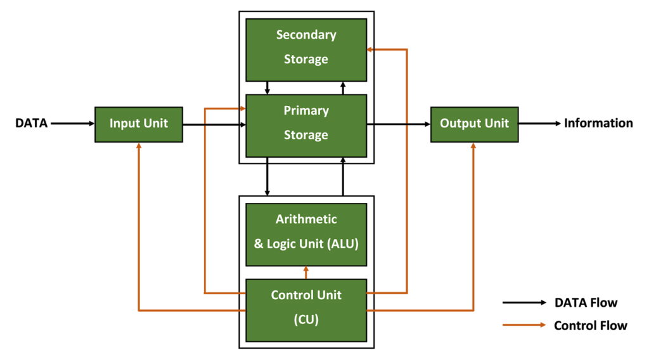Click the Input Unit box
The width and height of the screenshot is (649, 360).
click(x=139, y=125)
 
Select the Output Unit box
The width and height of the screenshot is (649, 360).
click(x=474, y=125)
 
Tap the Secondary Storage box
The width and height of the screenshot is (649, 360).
click(x=306, y=49)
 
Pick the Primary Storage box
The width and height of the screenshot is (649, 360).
click(x=306, y=125)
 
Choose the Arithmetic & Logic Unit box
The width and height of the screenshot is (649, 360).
click(x=306, y=235)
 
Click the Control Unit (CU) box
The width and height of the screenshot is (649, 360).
click(x=306, y=311)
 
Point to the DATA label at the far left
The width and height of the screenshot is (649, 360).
click(x=32, y=124)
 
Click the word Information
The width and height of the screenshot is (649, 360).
click(x=598, y=124)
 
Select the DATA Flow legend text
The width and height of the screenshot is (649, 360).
click(x=586, y=303)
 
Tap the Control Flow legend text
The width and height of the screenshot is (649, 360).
click(x=591, y=326)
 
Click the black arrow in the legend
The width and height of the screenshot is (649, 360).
click(x=524, y=302)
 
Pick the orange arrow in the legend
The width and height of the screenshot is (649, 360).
click(x=524, y=325)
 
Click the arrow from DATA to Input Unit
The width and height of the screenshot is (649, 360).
click(x=73, y=124)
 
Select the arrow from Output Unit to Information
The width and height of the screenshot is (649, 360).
click(x=540, y=124)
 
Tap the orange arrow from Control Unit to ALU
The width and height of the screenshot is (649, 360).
click(x=306, y=273)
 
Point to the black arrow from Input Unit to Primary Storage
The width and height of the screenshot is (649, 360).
click(x=214, y=125)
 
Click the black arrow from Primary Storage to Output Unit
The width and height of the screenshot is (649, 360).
click(x=399, y=124)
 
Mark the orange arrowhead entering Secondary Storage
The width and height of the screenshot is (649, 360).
click(x=369, y=49)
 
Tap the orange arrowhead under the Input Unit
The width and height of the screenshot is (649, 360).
click(x=139, y=146)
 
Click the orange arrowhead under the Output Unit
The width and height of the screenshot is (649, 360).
click(x=473, y=146)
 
